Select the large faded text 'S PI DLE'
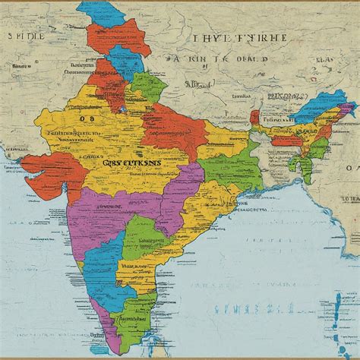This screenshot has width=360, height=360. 27,36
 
